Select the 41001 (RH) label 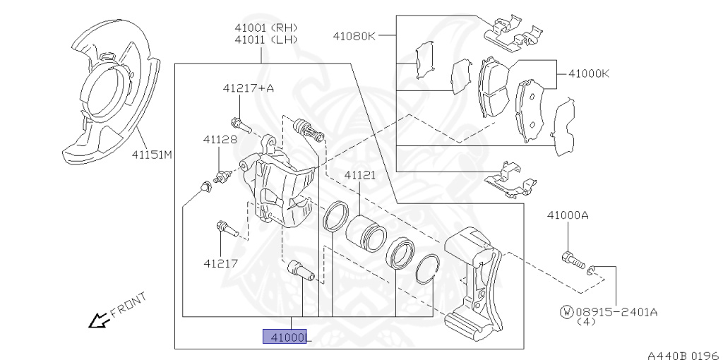coord(265,28)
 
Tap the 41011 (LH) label coord(265,40)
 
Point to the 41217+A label coord(248,88)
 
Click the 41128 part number coord(220,140)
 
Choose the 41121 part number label coord(360,175)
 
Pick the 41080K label coord(354,35)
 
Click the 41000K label coord(584,72)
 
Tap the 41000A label coord(567,215)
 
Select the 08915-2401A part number coord(616,311)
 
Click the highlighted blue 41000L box coord(285,337)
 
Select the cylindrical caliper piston coord(364,233)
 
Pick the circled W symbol coord(566,311)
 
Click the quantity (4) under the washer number coord(585,322)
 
